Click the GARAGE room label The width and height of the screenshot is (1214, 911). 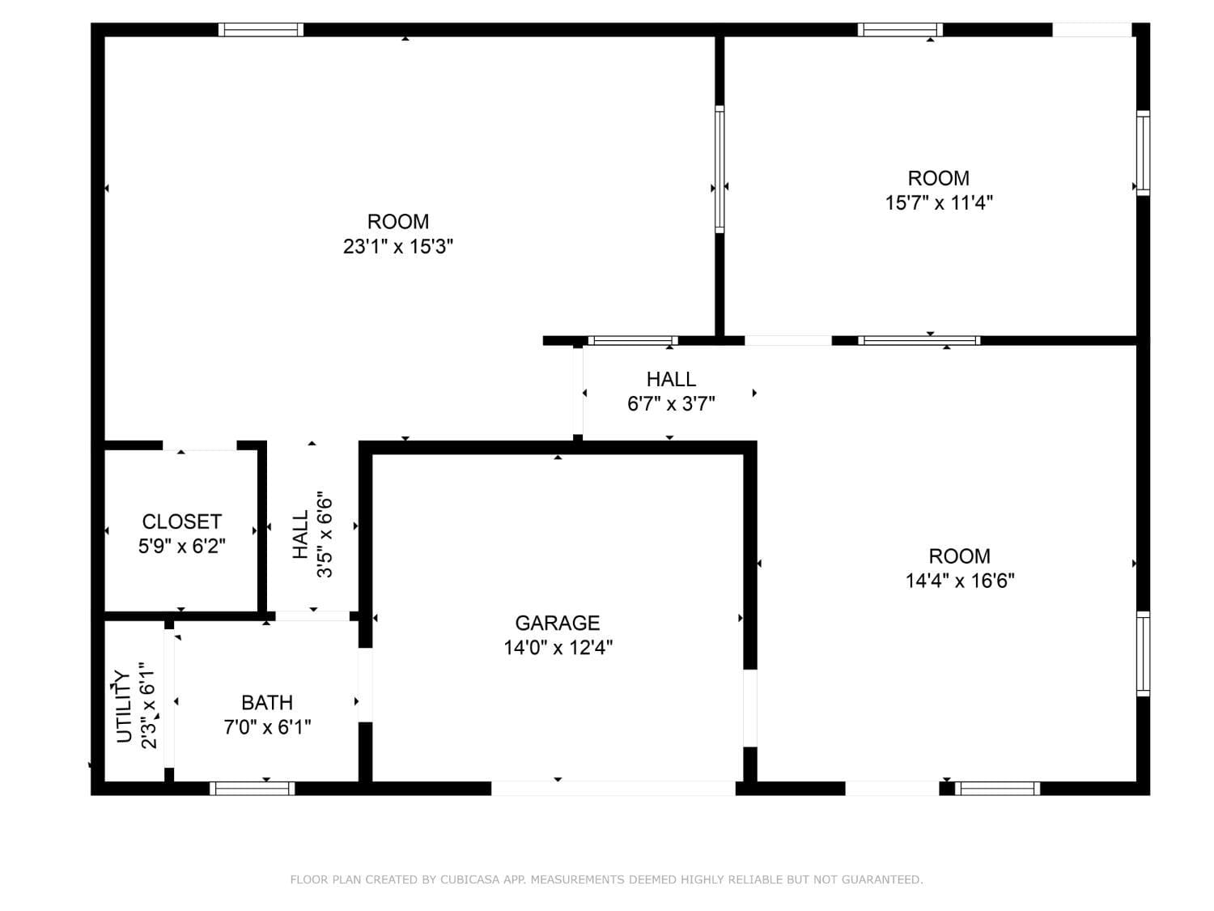coord(557,623)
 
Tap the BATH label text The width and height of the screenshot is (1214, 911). coord(267,702)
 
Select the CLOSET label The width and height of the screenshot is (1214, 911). coord(182,521)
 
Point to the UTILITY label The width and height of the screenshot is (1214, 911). coord(124,706)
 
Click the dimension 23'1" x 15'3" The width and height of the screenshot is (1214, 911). coord(397,246)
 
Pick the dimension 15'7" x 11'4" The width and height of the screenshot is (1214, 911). coord(939,203)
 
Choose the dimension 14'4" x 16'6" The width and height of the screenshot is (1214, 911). coord(960,581)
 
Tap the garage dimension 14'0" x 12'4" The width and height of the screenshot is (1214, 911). coord(558,647)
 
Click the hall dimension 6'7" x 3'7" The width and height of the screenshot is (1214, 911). coord(671,404)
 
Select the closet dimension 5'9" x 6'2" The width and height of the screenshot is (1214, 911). coord(182,546)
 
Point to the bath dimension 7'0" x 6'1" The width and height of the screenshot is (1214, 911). coord(267,727)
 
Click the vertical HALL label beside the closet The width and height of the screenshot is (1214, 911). coord(300,534)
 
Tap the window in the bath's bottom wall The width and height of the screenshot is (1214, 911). coord(253,788)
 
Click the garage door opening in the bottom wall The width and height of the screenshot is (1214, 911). coord(613,788)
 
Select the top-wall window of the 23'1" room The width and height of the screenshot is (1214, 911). coord(261,30)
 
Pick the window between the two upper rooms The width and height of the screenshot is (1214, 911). coord(719,169)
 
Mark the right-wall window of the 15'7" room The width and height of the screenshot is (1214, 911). coord(1144,153)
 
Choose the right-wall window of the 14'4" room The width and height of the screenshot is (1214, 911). coord(1144,653)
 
